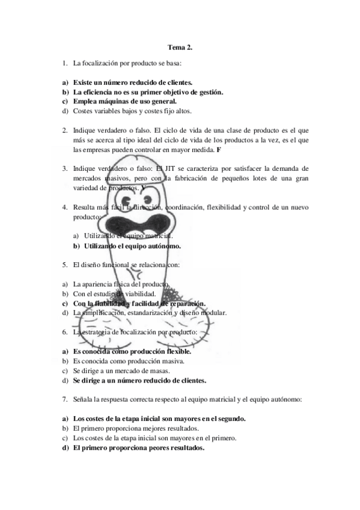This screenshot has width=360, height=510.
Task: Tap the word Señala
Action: click(x=83, y=399)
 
